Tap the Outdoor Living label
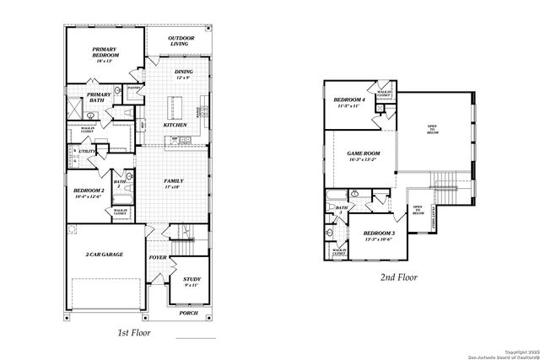pos(181,40)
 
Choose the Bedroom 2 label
pos(89,193)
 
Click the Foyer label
pos(159,258)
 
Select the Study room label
pos(192,281)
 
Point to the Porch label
pos(189,313)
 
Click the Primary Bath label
pos(99,97)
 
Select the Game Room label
pos(364,155)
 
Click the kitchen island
pos(177,107)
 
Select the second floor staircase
pos(444,180)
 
